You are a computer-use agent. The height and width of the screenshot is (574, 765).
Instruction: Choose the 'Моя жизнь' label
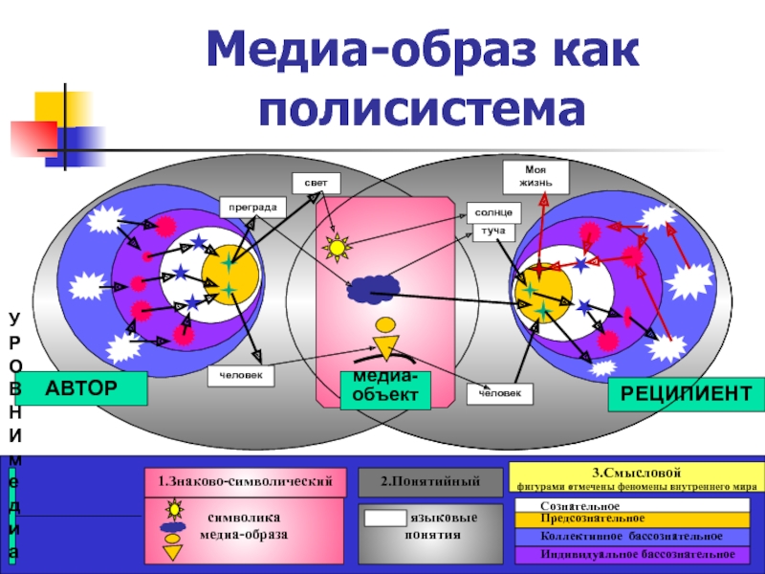pos(535,176)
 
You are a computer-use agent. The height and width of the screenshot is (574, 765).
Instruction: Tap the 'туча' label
pos(492,232)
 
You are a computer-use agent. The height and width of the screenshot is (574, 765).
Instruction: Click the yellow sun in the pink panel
pos(337,249)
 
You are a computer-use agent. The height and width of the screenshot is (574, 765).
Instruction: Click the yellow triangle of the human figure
pos(385,348)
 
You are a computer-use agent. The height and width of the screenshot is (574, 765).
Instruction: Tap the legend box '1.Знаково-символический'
pos(244,481)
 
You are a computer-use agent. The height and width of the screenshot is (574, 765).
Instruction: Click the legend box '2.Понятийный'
pos(429,481)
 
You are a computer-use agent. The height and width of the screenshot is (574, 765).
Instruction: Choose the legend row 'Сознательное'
pos(635,505)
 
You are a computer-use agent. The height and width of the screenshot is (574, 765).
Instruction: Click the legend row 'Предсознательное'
pos(635,519)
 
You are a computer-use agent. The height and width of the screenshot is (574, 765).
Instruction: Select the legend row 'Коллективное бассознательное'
pos(635,537)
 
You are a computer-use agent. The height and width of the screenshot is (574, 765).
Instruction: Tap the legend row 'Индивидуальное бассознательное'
pos(635,553)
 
